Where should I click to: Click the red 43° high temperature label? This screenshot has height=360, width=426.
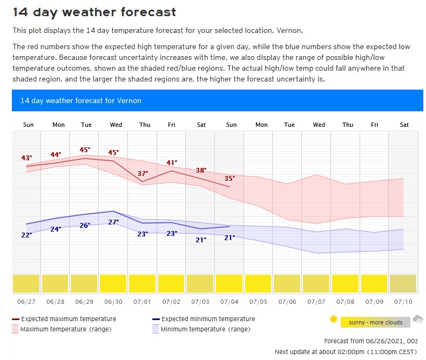pyautogui.click(x=26, y=158)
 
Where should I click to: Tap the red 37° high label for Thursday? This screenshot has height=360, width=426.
pyautogui.click(x=143, y=174)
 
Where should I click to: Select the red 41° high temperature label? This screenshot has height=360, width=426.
pyautogui.click(x=172, y=163)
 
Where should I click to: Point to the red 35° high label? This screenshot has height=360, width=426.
pyautogui.click(x=229, y=179)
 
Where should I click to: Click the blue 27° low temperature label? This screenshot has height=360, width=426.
pyautogui.click(x=113, y=222)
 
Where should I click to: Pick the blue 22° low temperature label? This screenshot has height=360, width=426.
pyautogui.click(x=26, y=235)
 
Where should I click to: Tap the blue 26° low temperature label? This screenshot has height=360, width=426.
pyautogui.click(x=85, y=226)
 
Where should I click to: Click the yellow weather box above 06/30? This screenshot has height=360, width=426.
pyautogui.click(x=113, y=283)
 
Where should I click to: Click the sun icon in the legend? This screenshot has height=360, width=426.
pyautogui.click(x=333, y=320)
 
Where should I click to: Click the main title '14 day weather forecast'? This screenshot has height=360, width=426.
pyautogui.click(x=94, y=11)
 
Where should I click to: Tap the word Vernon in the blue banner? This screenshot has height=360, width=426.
pyautogui.click(x=130, y=100)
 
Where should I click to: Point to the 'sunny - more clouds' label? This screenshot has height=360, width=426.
pyautogui.click(x=376, y=323)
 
